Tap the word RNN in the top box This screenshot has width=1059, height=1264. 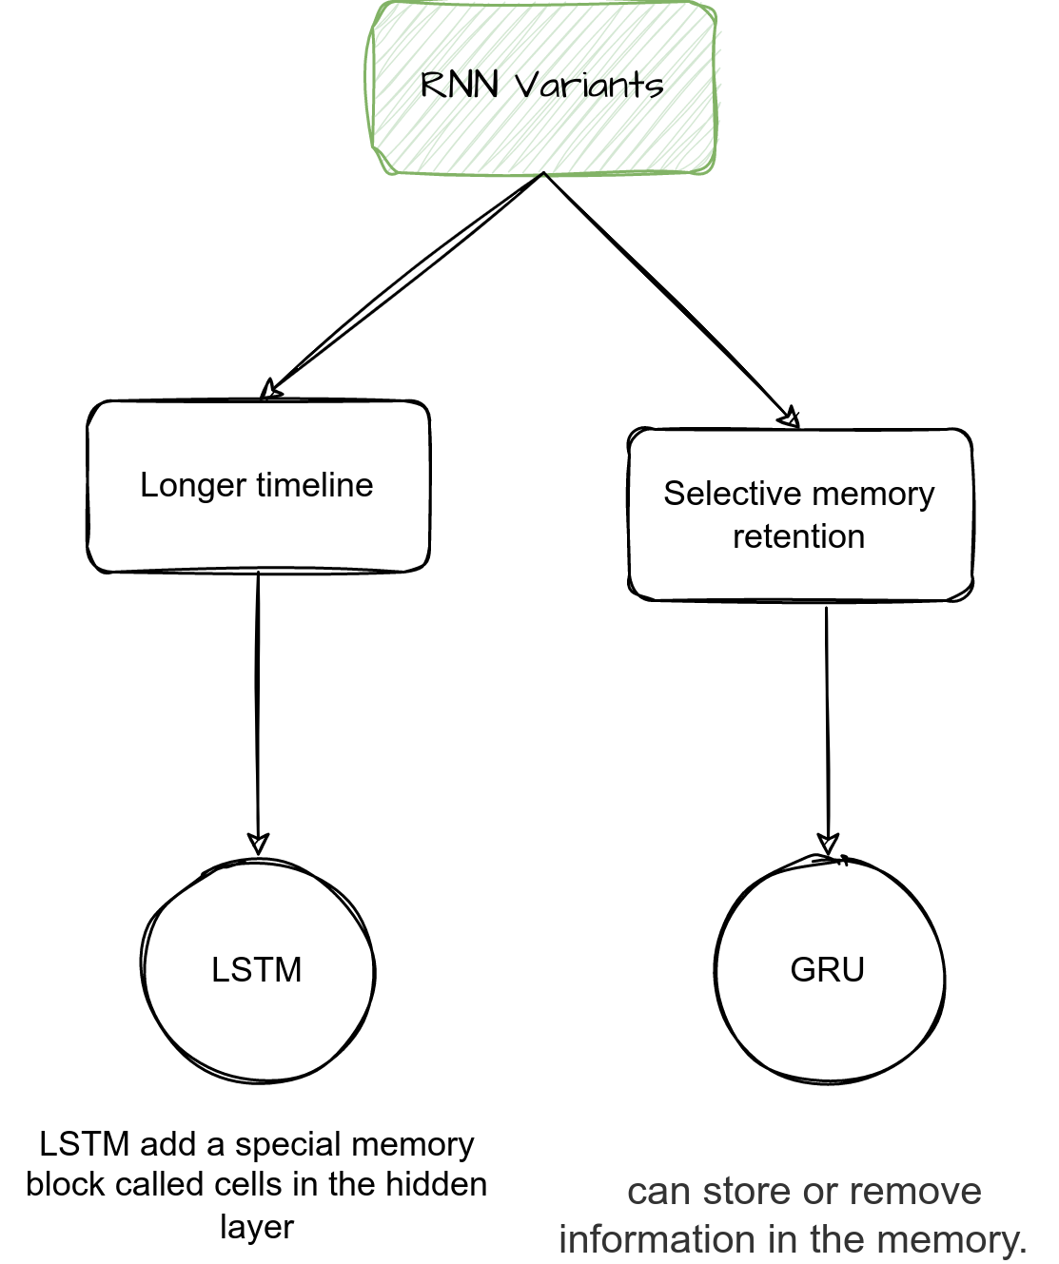460,86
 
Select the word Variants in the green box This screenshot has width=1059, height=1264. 589,86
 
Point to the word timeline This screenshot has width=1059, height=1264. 314,485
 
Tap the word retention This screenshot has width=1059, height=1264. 798,536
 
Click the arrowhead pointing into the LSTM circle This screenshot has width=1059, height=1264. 258,844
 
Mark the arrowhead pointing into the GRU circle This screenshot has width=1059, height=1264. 828,844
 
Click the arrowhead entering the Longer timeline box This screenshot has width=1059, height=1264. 271,390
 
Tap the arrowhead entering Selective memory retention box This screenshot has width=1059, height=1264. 790,418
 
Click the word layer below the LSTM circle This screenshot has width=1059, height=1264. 257,1226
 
